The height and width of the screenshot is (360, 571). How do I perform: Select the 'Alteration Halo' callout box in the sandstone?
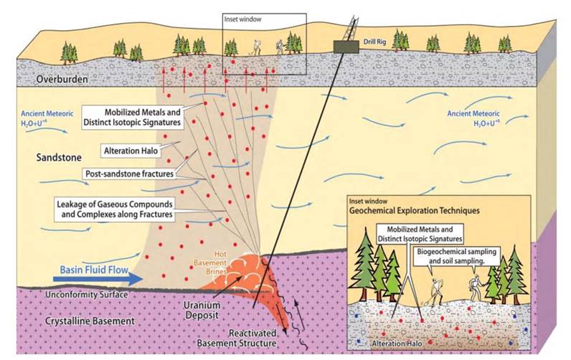pyautogui.click(x=131, y=152)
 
